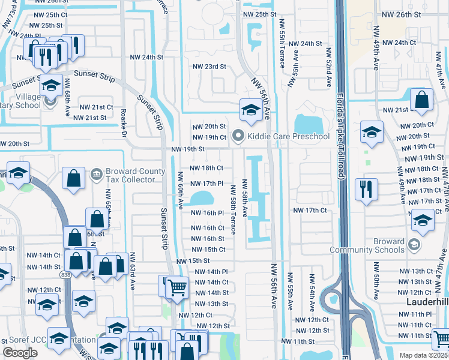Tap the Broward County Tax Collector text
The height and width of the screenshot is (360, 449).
click(x=135, y=176)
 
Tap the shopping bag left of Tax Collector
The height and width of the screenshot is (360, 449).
click(x=74, y=178)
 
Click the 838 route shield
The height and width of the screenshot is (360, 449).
click(x=65, y=274)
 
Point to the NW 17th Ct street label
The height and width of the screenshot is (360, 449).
click(x=310, y=211)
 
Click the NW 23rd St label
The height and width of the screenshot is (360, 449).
click(x=209, y=67)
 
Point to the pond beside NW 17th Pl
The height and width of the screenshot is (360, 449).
click(x=202, y=197)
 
